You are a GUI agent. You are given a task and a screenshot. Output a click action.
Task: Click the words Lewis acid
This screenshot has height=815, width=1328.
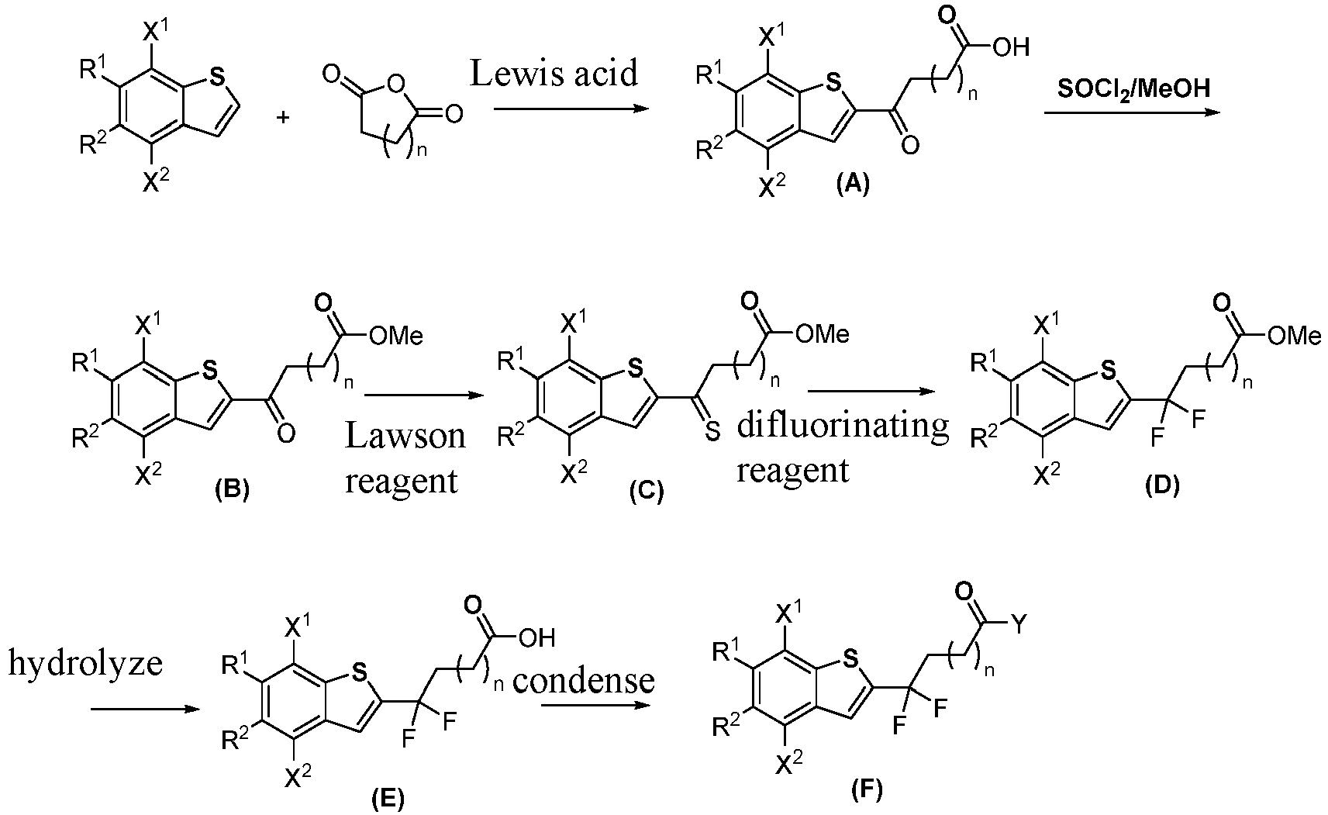point(554,73)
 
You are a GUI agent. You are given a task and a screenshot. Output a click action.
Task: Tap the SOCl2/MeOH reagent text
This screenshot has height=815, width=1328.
point(1133,90)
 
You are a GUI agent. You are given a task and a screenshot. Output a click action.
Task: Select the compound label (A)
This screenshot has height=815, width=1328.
point(853,185)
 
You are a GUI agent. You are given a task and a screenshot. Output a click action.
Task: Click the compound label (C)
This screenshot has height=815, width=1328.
point(647,491)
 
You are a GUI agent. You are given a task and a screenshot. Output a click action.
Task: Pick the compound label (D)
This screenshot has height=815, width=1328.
point(1162,485)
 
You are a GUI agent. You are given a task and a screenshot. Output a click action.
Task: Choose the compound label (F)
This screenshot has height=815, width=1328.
point(867,789)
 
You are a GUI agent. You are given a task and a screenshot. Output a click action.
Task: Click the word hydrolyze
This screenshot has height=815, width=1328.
point(85,664)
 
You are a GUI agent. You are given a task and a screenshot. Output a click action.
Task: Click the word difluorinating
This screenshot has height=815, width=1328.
point(843,426)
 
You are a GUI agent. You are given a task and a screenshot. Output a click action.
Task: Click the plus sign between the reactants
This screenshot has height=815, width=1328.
point(284,117)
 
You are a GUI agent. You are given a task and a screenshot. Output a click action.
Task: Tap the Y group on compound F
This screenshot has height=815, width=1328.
point(1017,624)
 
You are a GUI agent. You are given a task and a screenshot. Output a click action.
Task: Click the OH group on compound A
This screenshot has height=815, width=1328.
point(1012,47)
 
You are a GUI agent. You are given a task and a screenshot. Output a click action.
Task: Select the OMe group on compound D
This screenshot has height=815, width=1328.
point(1295,337)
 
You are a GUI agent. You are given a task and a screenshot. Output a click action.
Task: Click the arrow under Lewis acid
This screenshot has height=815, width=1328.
point(571,109)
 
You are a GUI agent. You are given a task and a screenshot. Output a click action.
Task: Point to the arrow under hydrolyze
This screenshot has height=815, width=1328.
point(146,709)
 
